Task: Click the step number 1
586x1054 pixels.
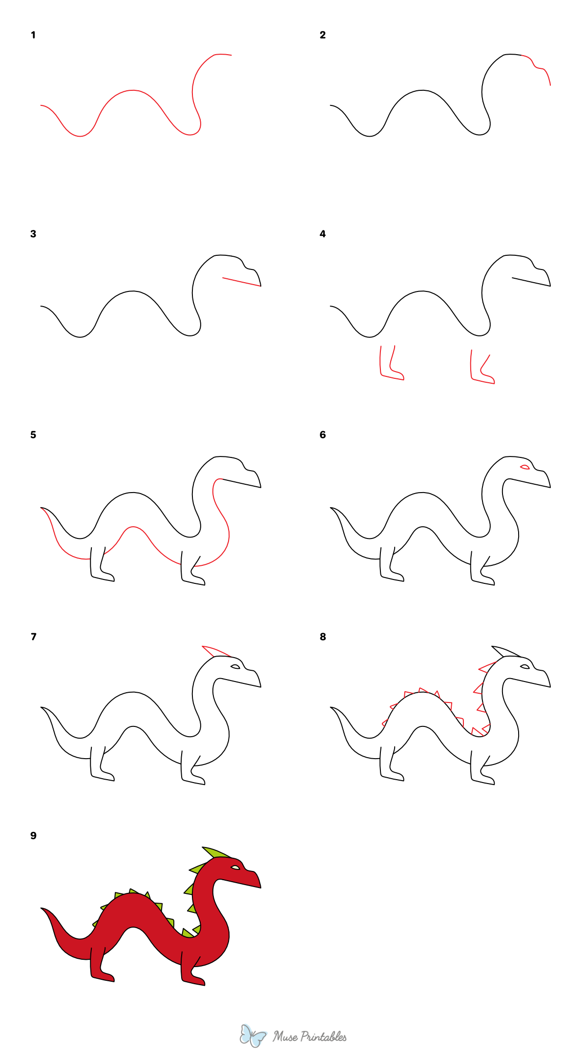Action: click(x=33, y=35)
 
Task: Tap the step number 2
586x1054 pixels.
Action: click(x=322, y=35)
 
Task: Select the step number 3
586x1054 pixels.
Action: click(x=33, y=234)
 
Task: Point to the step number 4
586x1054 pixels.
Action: click(x=322, y=234)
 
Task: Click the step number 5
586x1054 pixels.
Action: click(x=33, y=435)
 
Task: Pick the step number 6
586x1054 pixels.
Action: click(x=322, y=435)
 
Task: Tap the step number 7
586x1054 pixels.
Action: click(x=33, y=637)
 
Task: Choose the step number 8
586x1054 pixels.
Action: click(x=322, y=637)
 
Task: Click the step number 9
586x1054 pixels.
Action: click(x=33, y=836)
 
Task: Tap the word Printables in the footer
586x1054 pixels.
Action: click(x=323, y=1036)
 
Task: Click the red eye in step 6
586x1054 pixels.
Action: click(x=525, y=467)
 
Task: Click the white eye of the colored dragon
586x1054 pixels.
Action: click(x=235, y=868)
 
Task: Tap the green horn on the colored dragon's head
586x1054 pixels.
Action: click(x=215, y=852)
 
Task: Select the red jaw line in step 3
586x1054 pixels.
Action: click(x=242, y=282)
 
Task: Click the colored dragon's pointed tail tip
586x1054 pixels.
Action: click(x=43, y=909)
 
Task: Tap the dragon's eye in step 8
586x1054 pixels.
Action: click(x=525, y=666)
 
